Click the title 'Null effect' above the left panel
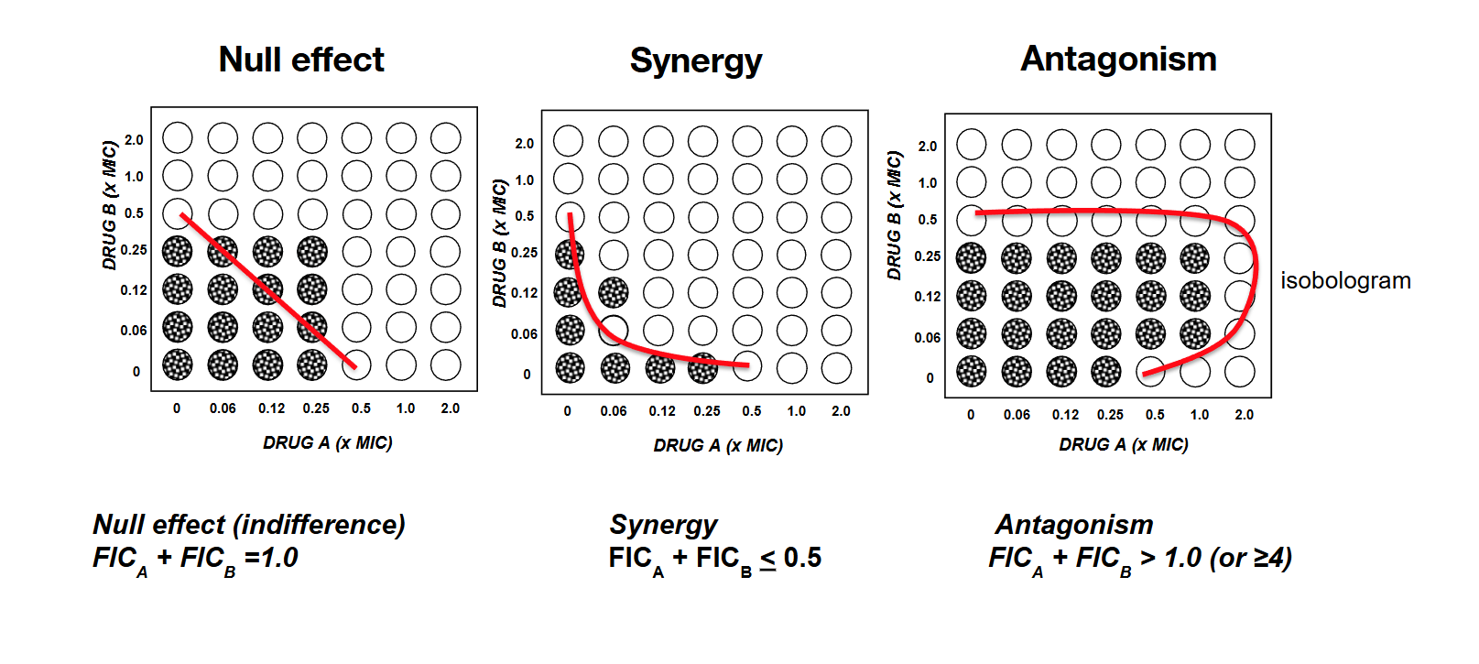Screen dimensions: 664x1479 [301, 60]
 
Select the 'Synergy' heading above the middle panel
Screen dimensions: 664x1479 [696, 61]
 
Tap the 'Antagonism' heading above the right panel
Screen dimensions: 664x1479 [1118, 59]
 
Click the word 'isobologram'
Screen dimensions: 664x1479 [1345, 280]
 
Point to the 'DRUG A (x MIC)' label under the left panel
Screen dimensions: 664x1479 [327, 442]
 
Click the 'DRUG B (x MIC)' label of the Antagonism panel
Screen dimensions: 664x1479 [895, 215]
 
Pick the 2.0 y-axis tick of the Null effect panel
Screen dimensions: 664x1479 [134, 140]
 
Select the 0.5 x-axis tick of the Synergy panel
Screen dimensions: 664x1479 [752, 411]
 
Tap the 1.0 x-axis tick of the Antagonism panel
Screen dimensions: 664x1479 [1200, 415]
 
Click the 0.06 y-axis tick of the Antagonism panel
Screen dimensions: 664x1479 [927, 337]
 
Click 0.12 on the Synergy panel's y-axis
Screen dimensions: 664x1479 [524, 293]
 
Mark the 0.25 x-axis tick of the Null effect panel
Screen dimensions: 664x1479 [316, 408]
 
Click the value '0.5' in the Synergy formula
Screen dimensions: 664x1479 [802, 558]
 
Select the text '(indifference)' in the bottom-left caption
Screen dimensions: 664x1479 [319, 525]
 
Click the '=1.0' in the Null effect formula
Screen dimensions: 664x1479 [271, 558]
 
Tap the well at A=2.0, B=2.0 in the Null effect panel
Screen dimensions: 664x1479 [446, 138]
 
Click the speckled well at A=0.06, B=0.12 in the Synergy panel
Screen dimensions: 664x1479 [614, 292]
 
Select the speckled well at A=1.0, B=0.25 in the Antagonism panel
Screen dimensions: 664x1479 [1195, 258]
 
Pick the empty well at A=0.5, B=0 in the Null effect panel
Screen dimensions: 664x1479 [357, 365]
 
